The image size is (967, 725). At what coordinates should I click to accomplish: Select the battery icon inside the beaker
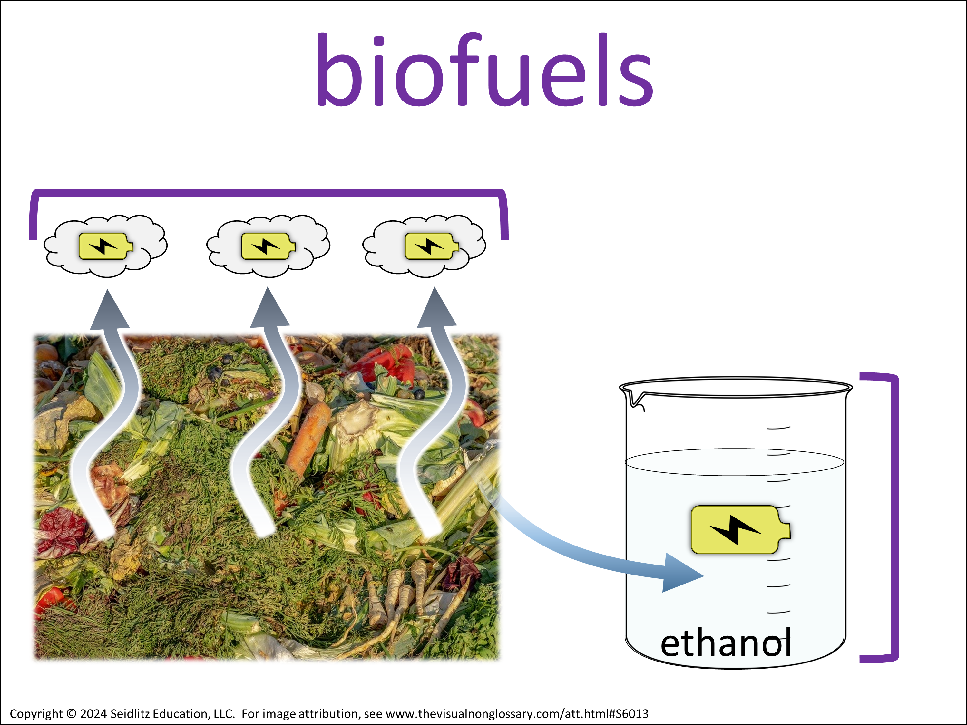(740, 530)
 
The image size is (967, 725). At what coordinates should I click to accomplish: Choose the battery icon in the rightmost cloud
(432, 246)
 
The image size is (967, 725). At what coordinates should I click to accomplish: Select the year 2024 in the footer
(93, 714)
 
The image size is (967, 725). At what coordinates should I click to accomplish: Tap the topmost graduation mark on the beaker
(778, 428)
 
